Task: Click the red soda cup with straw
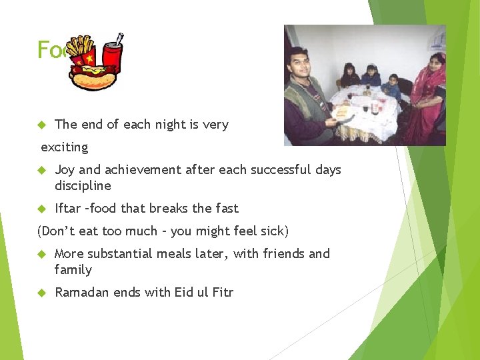pyautogui.click(x=111, y=55)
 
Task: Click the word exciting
pyautogui.click(x=64, y=147)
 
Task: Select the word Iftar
pyautogui.click(x=67, y=208)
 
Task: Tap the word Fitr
pyautogui.click(x=221, y=292)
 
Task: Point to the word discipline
pyautogui.click(x=83, y=185)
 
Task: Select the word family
pyautogui.click(x=73, y=269)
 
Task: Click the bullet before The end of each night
pyautogui.click(x=41, y=125)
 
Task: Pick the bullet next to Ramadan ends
pyautogui.click(x=41, y=292)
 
